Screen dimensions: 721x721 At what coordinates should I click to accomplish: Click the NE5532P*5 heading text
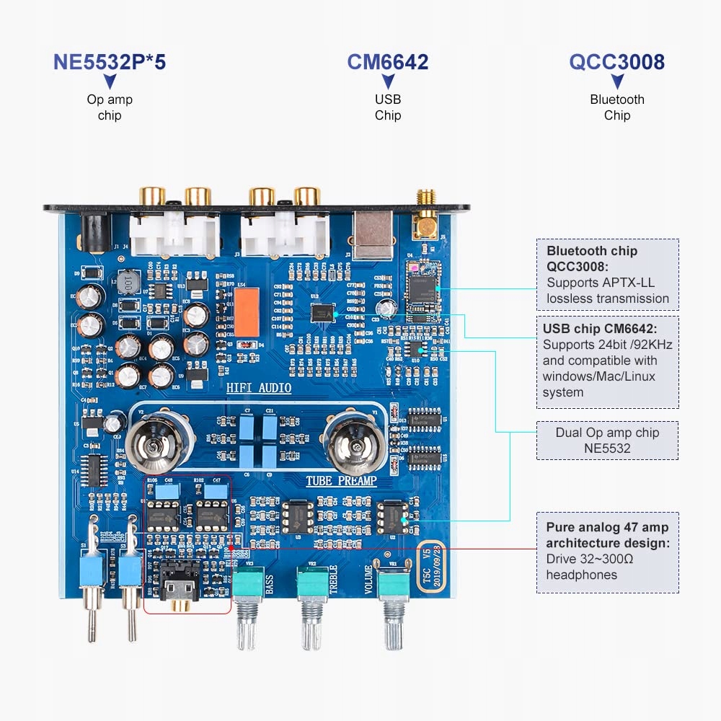click(110, 62)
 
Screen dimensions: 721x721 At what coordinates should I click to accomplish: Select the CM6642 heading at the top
click(388, 62)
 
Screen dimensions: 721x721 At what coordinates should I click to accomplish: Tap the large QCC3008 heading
click(616, 62)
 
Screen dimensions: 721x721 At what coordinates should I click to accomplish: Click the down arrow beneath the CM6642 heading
click(388, 81)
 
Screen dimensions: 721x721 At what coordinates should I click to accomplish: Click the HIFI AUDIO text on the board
click(259, 389)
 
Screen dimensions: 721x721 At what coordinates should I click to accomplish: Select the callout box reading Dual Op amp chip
click(607, 441)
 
